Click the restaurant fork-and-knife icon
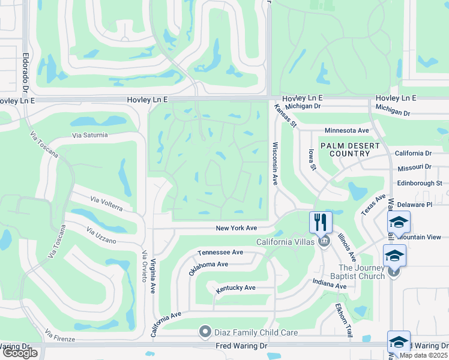point(321,222)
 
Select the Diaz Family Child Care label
point(256,332)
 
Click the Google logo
point(20,353)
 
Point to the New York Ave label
point(237,228)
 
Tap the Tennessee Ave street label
point(220,253)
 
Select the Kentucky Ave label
point(236,288)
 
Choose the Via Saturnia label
point(90,136)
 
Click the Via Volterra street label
point(106,203)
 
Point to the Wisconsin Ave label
point(275,163)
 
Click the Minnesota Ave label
point(346,130)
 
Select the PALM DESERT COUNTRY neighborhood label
point(350,149)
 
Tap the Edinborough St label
point(419,183)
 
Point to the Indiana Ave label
point(329,284)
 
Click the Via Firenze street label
point(60,335)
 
